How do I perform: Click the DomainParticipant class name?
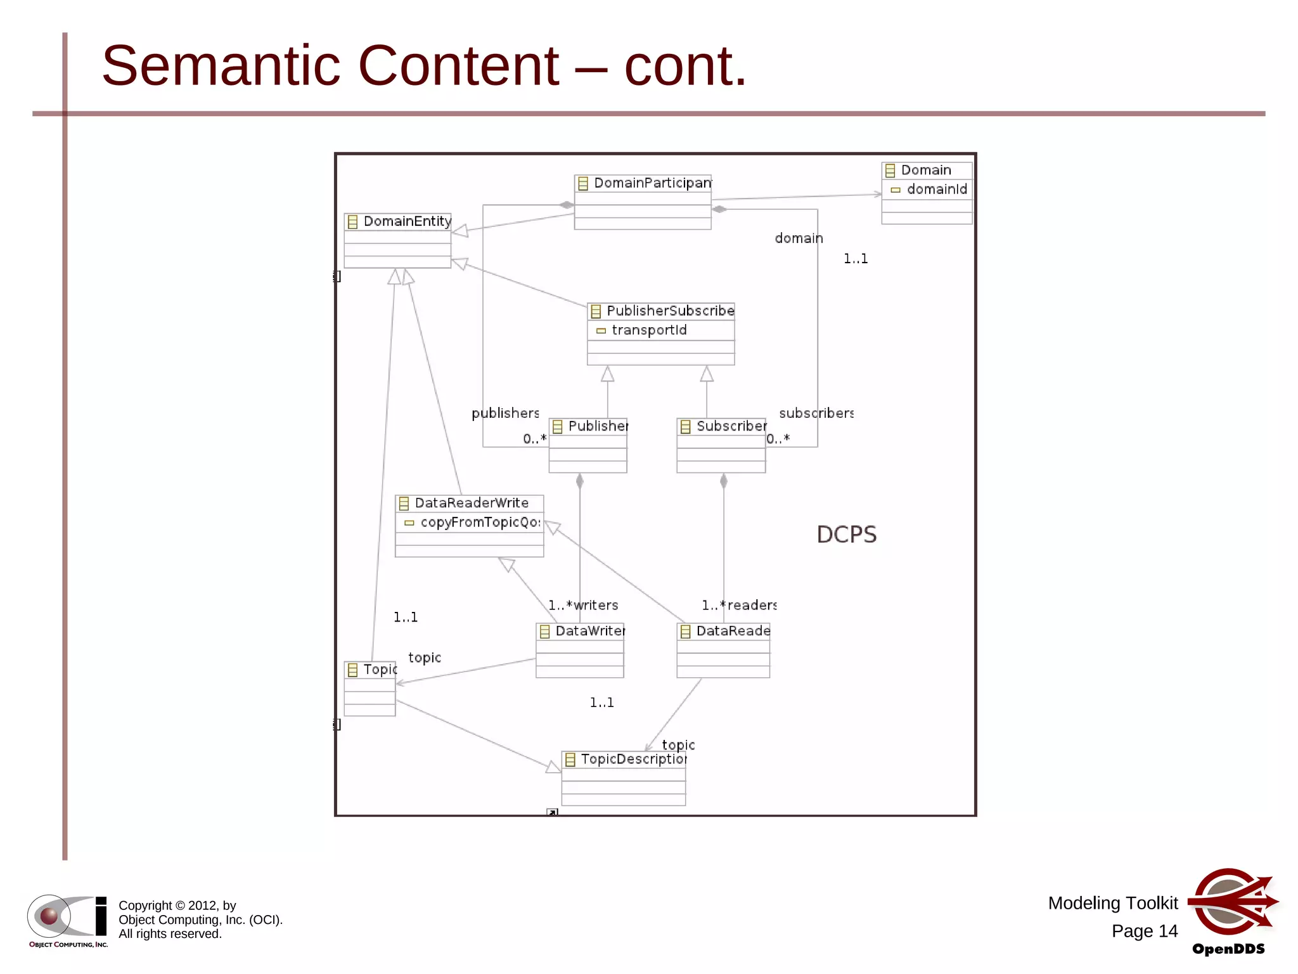[652, 183]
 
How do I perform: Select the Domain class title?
[925, 170]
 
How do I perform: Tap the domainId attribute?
[936, 189]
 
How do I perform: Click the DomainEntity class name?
[407, 221]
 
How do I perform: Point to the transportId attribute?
[648, 330]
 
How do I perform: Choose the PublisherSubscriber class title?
[669, 311]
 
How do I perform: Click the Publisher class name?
[598, 426]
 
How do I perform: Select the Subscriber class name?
[731, 426]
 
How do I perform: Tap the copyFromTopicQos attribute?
[480, 522]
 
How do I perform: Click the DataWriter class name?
[589, 631]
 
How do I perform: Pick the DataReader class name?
[733, 631]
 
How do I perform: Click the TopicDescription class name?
[633, 759]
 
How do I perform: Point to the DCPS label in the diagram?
[846, 535]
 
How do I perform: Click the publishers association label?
[505, 413]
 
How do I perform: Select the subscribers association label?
[816, 413]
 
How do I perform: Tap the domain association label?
[799, 238]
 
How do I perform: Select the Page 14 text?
[1144, 931]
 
